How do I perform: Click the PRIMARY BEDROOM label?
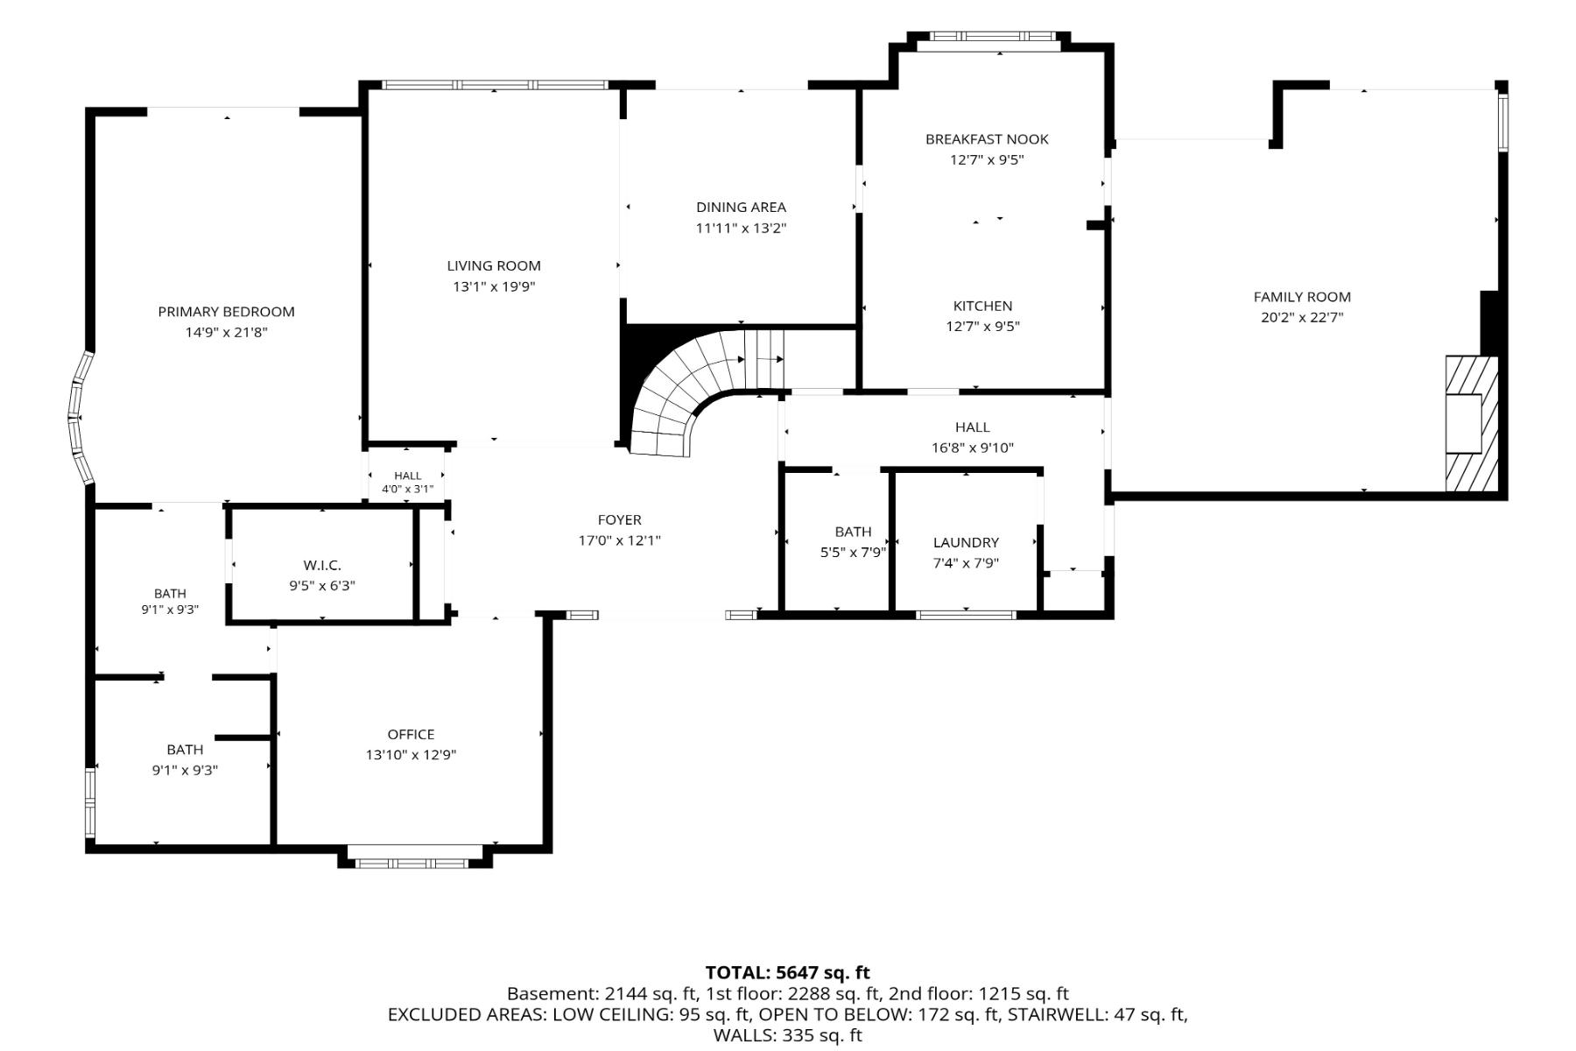(x=226, y=312)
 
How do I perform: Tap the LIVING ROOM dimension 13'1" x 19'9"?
(x=494, y=286)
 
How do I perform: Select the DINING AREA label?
(x=741, y=208)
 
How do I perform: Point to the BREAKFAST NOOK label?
(x=987, y=139)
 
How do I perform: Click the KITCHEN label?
(x=982, y=306)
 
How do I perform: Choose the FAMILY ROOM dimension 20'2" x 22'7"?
(x=1302, y=318)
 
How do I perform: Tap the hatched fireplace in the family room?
(x=1471, y=424)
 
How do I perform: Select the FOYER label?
(x=620, y=520)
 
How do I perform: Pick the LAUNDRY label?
(x=966, y=543)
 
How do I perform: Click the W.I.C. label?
(x=322, y=566)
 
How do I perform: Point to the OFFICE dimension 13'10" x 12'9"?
(x=411, y=755)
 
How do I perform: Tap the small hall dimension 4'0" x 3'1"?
(x=407, y=489)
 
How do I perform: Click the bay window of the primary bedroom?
(x=80, y=419)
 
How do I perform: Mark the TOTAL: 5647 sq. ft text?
(x=788, y=972)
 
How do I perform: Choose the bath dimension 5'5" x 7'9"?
(x=853, y=553)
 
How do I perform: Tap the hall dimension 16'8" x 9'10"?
(x=972, y=448)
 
